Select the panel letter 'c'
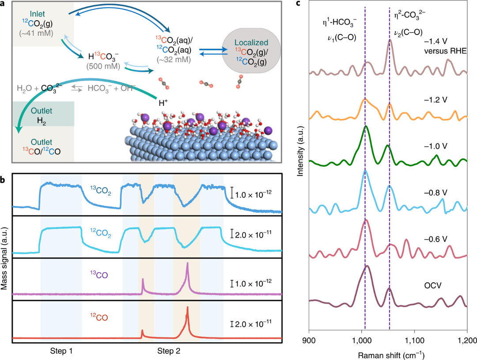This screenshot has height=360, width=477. point(299,4)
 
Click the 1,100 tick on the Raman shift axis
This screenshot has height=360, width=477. point(414,340)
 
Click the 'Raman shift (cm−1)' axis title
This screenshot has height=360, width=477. point(388,353)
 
